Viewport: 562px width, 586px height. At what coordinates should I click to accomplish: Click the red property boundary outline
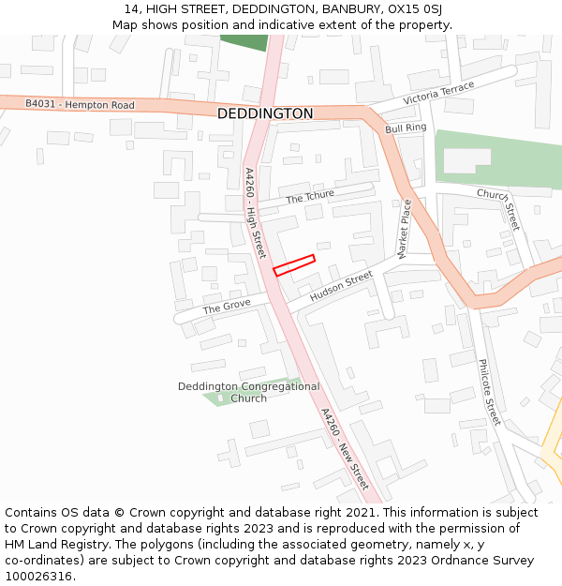point(294,265)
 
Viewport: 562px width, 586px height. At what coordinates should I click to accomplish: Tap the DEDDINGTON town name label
point(265,113)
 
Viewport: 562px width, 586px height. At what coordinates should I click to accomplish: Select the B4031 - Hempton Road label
point(80,104)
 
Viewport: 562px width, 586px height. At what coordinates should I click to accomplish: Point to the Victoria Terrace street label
point(438,92)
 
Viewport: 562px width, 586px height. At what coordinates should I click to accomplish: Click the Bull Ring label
point(406,128)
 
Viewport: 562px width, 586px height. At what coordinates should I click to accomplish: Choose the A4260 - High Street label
point(255,213)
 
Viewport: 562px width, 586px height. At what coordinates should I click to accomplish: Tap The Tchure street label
point(309,197)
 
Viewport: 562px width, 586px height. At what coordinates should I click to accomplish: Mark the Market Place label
point(405,229)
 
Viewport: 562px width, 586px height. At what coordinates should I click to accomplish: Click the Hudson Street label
point(341,286)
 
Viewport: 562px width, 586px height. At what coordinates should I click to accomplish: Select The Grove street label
point(226,308)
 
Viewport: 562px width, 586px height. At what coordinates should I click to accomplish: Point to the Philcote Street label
point(490,392)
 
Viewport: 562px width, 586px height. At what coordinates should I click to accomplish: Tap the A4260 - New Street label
point(344,448)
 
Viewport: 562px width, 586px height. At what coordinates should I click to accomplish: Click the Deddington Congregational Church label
point(248,392)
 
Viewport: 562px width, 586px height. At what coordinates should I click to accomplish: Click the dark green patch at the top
point(244,42)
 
